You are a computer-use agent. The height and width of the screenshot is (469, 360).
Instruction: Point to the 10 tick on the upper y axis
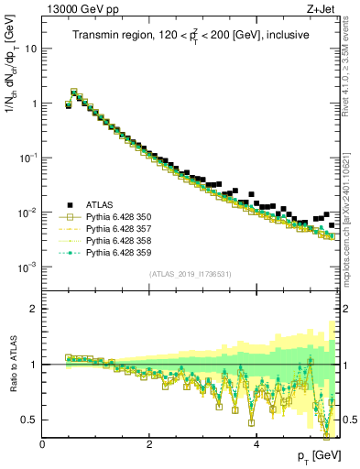point(31,49)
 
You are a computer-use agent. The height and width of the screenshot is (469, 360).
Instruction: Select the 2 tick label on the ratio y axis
point(35,309)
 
